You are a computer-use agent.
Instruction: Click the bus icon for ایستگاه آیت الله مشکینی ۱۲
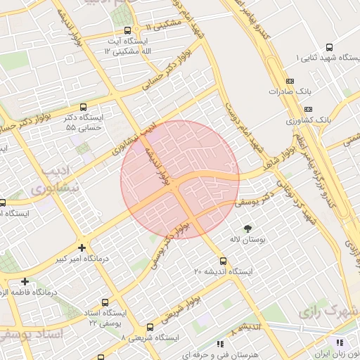point(127,31)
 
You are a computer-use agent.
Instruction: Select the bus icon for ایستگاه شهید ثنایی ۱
point(330,57)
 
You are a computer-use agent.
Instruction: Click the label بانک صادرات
point(289,91)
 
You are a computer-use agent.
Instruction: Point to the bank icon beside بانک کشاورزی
point(309,109)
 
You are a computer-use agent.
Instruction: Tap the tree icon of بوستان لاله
point(247,228)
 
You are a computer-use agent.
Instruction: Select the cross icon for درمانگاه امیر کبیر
point(82,247)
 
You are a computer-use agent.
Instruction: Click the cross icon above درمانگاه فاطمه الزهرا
point(25,281)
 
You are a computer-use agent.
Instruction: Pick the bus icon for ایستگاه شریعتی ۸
point(150,327)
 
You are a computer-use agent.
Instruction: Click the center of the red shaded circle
point(180,179)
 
